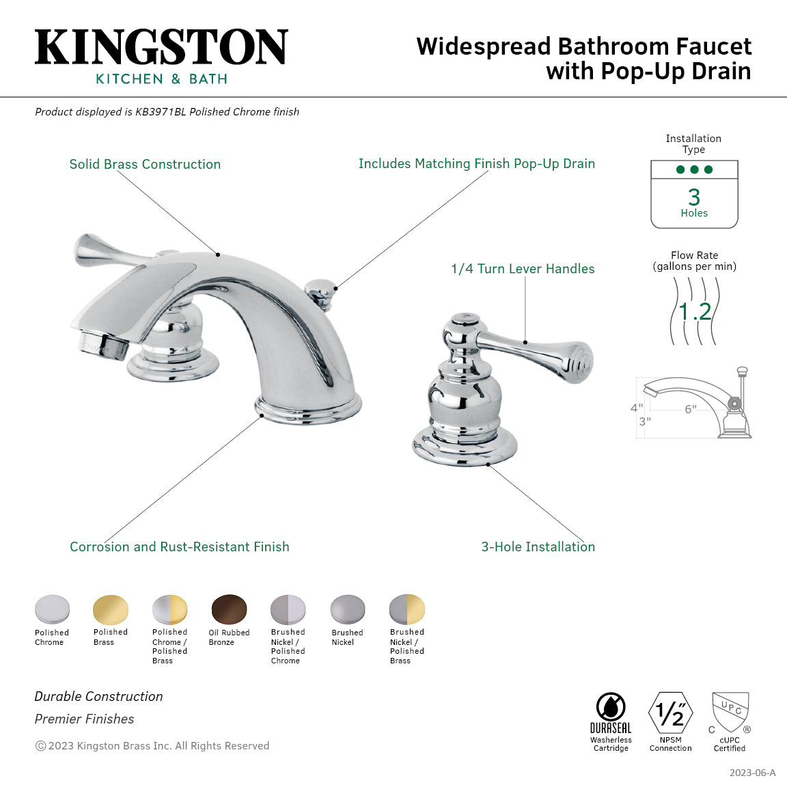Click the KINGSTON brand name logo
(161, 48)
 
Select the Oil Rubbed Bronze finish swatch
(229, 609)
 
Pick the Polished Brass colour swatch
(111, 609)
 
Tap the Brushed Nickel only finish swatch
(348, 609)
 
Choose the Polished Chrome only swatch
(52, 609)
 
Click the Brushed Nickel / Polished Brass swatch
(406, 609)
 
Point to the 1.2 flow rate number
(695, 312)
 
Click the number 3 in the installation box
(694, 197)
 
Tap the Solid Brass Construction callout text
(145, 165)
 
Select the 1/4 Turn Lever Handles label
(523, 269)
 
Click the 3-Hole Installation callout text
(538, 547)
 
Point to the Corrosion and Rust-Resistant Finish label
(179, 547)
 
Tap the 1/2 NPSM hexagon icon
(670, 714)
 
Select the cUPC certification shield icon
(730, 712)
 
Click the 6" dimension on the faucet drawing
(691, 409)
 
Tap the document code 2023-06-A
(752, 773)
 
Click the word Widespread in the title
(483, 47)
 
